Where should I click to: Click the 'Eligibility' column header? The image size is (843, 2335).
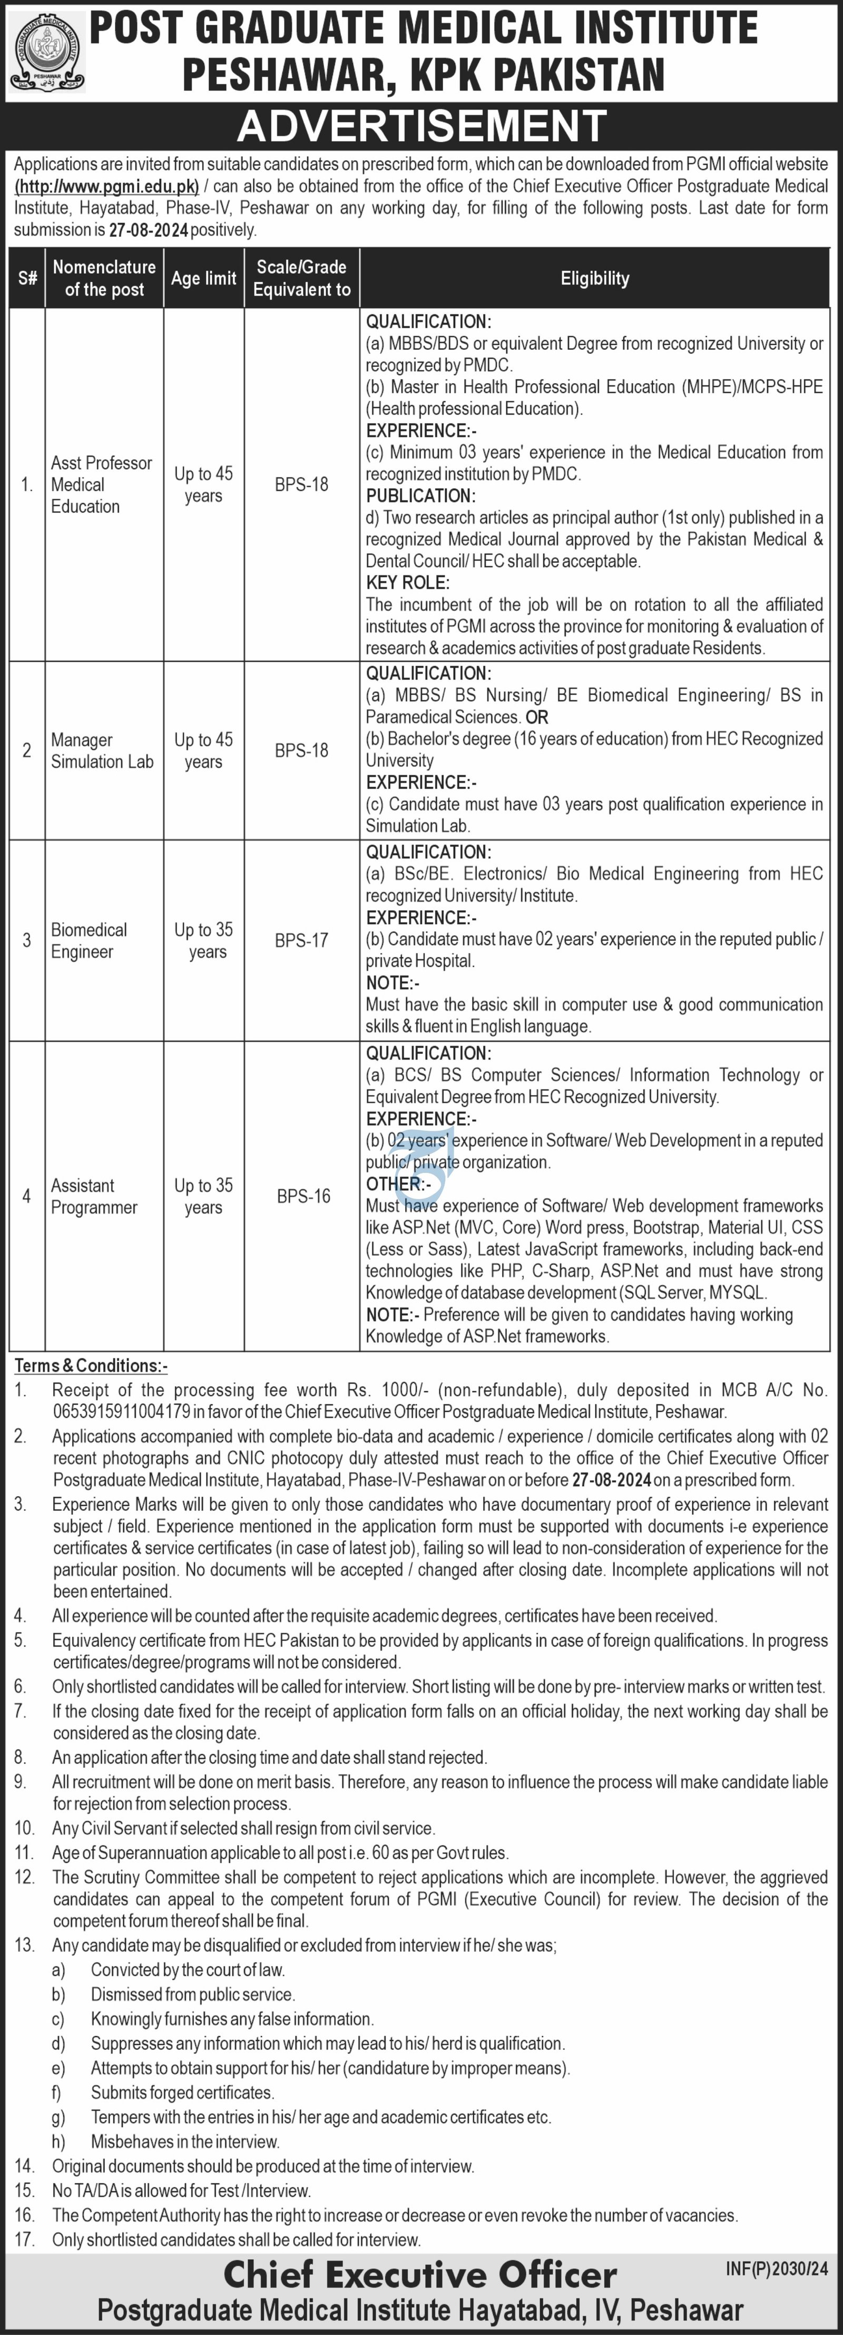[x=595, y=278]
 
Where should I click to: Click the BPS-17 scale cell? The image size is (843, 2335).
[x=302, y=941]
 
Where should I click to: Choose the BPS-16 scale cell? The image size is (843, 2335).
[x=303, y=1197]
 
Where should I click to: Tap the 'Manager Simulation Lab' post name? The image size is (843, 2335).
[x=102, y=750]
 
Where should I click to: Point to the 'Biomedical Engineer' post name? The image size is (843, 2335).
[x=89, y=941]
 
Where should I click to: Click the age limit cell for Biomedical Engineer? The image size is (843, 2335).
[x=204, y=941]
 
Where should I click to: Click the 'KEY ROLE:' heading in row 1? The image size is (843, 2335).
[x=407, y=583]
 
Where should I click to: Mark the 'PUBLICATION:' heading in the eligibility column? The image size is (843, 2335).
[x=420, y=496]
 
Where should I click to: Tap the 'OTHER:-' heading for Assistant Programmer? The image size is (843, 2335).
[x=396, y=1184]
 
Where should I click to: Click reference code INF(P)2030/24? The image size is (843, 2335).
[x=777, y=2268]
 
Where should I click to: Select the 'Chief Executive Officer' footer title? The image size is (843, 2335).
[x=420, y=2275]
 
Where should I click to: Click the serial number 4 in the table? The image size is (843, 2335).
[x=26, y=1197]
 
